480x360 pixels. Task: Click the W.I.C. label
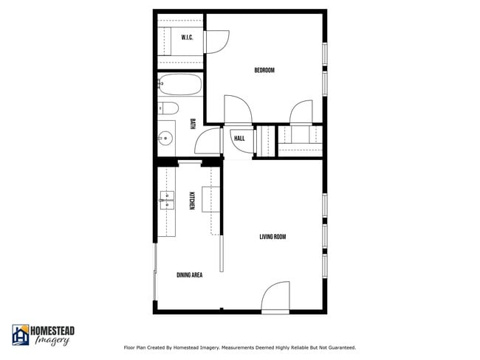[187, 38]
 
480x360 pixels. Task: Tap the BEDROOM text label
[264, 71]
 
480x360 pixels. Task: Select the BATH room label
[193, 124]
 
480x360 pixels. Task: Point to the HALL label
[239, 139]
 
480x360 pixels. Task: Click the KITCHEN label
[192, 200]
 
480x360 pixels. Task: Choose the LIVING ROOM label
[272, 237]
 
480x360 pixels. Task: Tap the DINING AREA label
[190, 275]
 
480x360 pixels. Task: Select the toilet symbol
[168, 109]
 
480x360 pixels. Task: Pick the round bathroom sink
[165, 137]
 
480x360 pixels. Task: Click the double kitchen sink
[166, 198]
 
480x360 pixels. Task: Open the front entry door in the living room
[275, 297]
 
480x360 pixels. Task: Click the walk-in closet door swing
[217, 43]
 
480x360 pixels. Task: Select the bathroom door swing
[212, 140]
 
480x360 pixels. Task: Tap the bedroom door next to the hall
[239, 110]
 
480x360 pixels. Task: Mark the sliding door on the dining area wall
[155, 273]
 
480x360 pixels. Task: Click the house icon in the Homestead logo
[20, 335]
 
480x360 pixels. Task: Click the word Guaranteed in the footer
[339, 347]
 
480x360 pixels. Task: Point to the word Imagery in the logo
[53, 341]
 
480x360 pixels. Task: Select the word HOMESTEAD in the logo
[52, 330]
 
